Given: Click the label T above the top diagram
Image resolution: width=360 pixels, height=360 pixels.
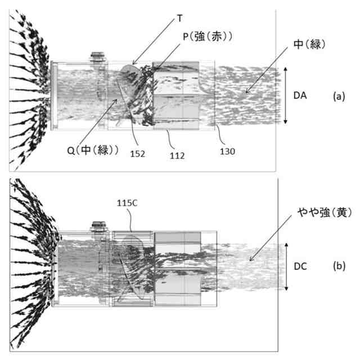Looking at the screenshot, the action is pyautogui.click(x=179, y=18).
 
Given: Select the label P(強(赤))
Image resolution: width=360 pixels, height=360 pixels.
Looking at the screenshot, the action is pyautogui.click(x=208, y=36).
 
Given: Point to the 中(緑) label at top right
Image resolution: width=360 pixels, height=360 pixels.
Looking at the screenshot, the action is pyautogui.click(x=310, y=43).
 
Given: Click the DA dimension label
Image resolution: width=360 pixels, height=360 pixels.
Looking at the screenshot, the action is pyautogui.click(x=300, y=96).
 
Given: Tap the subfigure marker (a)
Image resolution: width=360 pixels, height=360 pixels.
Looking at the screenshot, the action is pyautogui.click(x=338, y=96).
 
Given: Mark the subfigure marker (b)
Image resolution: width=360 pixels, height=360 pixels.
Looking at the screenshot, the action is pyautogui.click(x=339, y=267).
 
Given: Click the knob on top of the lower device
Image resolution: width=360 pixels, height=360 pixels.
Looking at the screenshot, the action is pyautogui.click(x=100, y=226).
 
